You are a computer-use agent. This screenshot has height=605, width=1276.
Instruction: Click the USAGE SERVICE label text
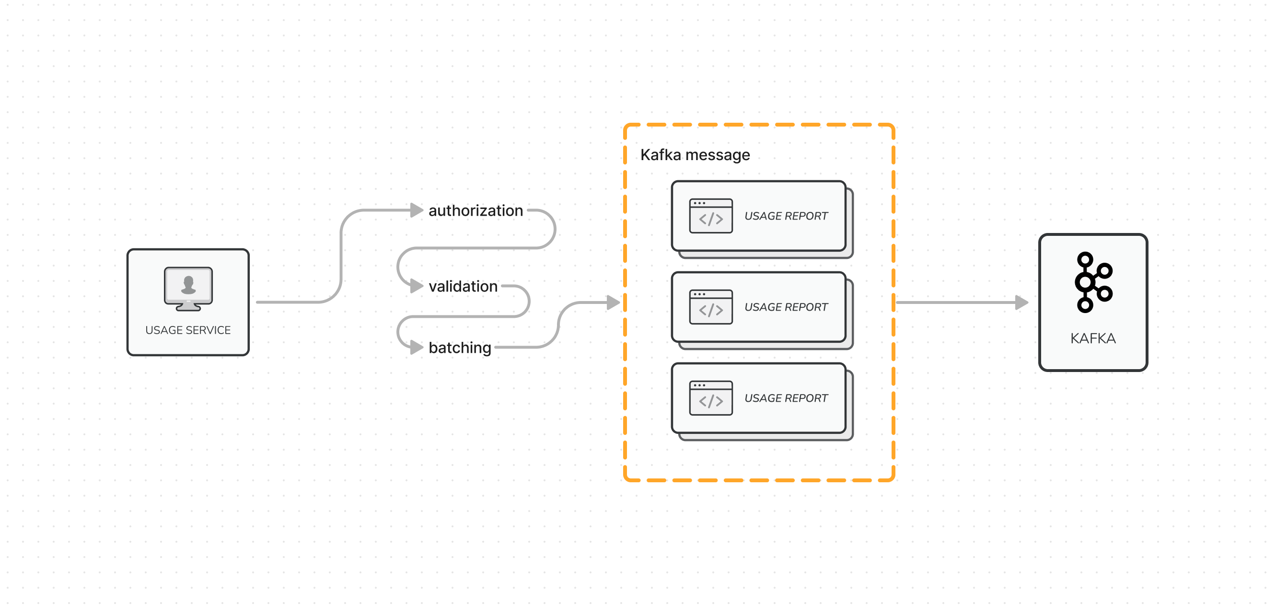coord(188,330)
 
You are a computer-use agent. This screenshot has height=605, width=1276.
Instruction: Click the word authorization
coord(475,210)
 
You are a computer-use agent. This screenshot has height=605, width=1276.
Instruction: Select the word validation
coord(463,286)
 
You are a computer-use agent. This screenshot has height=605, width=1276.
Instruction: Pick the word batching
coord(459,348)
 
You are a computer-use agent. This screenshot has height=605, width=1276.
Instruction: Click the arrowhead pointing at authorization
coord(417,210)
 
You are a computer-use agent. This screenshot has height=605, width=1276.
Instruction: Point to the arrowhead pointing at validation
coord(417,286)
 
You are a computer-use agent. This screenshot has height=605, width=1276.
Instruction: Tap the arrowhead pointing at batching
coord(417,348)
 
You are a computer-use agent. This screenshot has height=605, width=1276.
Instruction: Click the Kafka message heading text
coord(695,155)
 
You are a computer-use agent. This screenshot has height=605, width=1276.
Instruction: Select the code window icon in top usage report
coord(710,216)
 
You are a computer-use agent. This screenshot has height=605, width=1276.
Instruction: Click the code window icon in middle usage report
coord(710,307)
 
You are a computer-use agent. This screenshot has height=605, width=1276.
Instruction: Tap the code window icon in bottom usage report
coord(710,398)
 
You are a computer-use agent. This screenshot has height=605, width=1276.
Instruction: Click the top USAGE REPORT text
coord(786,216)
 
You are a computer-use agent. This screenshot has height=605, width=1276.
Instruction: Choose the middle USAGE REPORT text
coord(786,307)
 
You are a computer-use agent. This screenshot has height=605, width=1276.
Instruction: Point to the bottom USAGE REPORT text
coord(786,398)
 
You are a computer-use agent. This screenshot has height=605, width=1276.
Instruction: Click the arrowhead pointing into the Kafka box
coord(1021,302)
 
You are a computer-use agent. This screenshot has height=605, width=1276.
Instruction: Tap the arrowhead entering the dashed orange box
coord(613,302)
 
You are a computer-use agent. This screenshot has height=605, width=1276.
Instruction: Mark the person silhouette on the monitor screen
coord(188,285)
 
